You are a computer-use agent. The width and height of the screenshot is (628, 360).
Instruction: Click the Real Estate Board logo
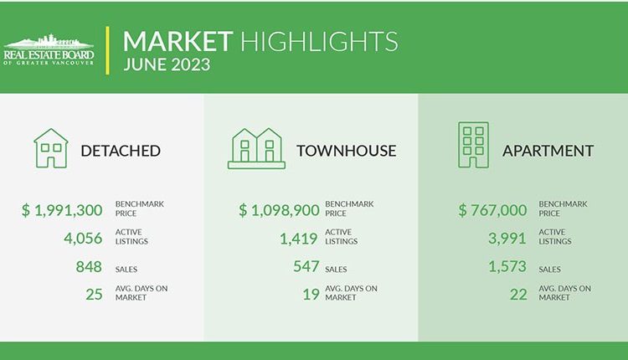(49, 50)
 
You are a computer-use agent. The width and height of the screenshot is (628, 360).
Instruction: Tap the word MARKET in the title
(178, 41)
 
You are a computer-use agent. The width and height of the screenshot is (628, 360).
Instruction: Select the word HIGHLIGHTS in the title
(319, 41)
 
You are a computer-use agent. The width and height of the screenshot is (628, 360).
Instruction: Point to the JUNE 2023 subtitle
(167, 64)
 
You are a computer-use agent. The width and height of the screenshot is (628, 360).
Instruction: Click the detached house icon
(51, 148)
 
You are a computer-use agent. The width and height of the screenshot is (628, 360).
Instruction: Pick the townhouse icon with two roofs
(256, 148)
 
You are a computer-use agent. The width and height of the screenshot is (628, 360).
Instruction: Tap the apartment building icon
(473, 145)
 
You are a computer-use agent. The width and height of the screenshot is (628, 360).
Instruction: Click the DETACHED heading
(121, 151)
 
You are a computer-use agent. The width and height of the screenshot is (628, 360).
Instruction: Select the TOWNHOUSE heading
(347, 151)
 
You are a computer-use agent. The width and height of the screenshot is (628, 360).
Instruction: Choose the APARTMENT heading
(548, 151)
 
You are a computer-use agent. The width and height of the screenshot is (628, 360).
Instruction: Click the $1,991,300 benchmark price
(62, 210)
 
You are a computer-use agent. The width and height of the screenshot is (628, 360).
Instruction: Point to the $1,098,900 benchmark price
(279, 210)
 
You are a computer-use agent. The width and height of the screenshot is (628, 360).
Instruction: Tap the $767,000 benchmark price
(492, 210)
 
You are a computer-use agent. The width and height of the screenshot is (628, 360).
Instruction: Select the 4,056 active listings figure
(83, 239)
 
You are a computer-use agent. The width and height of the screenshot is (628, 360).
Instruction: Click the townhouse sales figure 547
(306, 266)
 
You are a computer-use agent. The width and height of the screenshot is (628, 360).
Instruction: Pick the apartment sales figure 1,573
(507, 267)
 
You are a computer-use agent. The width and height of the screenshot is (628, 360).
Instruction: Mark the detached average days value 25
(94, 295)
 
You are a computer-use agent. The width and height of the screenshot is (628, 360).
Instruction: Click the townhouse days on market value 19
(311, 295)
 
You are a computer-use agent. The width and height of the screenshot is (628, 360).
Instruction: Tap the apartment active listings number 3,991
(507, 239)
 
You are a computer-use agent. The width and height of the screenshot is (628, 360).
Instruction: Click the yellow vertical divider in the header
(107, 50)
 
